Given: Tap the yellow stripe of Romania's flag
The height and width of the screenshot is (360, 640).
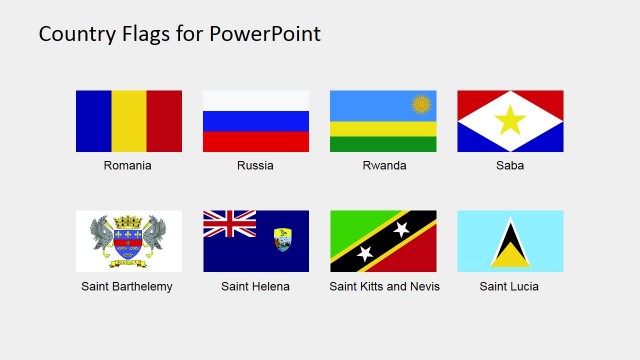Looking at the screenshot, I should click(129, 121).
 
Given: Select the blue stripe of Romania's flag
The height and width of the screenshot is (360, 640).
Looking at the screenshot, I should click(93, 121).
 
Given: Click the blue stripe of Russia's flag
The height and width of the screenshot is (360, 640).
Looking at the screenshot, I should click(256, 121).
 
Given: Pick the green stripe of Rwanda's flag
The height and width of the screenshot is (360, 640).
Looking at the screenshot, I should click(383, 144).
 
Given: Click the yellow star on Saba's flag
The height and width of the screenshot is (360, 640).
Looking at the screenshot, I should click(510, 121).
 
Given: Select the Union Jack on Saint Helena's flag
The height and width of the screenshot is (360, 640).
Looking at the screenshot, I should click(229, 224).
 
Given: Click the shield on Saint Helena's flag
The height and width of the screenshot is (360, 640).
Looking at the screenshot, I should click(283, 240).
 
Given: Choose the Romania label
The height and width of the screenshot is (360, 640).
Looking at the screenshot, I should click(128, 166).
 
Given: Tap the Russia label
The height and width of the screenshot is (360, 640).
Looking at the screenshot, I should click(255, 166).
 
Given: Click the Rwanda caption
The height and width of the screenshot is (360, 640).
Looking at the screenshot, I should click(384, 166).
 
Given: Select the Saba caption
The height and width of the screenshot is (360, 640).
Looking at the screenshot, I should click(510, 166).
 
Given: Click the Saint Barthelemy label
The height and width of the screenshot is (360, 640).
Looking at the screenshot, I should click(127, 287).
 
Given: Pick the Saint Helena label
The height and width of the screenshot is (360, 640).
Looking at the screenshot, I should click(255, 287).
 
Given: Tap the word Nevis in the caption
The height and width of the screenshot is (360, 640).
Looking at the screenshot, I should click(424, 287).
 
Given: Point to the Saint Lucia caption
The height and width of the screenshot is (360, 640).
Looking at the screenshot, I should click(509, 287).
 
